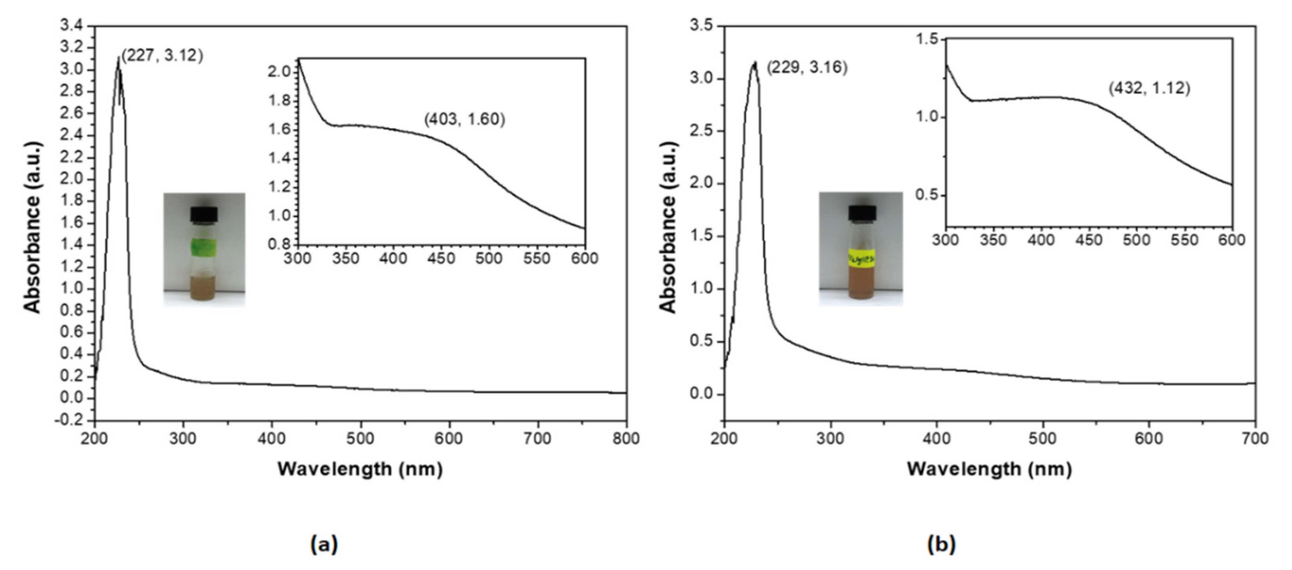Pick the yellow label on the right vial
tap(861, 258)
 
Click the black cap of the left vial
tap(204, 214)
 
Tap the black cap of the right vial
tap(862, 212)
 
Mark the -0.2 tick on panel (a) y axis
tap(69, 420)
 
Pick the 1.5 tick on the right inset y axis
tap(927, 39)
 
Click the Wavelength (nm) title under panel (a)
tap(360, 469)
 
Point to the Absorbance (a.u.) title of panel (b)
tap(668, 228)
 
